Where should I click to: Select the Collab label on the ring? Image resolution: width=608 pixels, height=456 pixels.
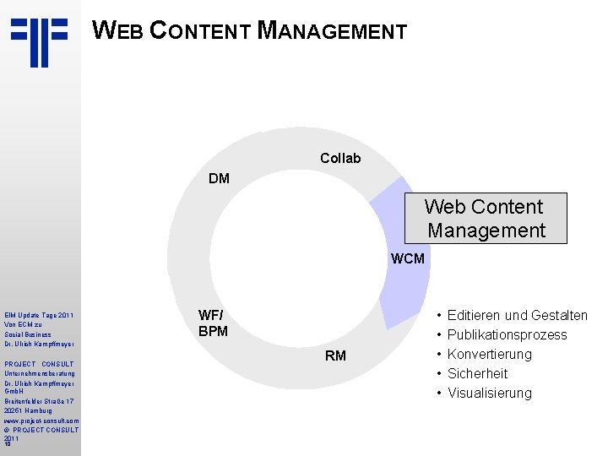tap(340, 158)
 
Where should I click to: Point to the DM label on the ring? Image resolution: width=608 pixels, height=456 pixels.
tap(219, 178)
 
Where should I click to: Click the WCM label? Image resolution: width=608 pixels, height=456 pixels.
tap(408, 258)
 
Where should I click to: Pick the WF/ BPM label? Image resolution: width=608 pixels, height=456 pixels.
tap(213, 323)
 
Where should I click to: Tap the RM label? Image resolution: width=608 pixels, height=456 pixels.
tap(335, 356)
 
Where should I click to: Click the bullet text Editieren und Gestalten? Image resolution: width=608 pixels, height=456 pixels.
tap(517, 316)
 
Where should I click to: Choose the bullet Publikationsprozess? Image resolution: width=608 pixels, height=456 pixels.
tap(507, 335)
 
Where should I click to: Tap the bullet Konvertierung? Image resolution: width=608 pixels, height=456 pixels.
tap(490, 355)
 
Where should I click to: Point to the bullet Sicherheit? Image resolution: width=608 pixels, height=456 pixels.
tap(477, 373)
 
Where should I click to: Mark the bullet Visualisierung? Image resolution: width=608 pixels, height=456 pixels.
tap(490, 393)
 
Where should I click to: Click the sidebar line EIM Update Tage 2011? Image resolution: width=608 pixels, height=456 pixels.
tap(39, 316)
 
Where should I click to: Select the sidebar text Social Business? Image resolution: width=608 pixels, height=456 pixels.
tap(28, 334)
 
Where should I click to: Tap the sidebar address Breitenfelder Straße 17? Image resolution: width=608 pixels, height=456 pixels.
tap(41, 401)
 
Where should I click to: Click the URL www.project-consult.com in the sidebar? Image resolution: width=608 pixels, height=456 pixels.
tap(41, 421)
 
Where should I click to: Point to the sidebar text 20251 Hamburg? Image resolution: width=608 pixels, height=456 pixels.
tap(29, 410)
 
